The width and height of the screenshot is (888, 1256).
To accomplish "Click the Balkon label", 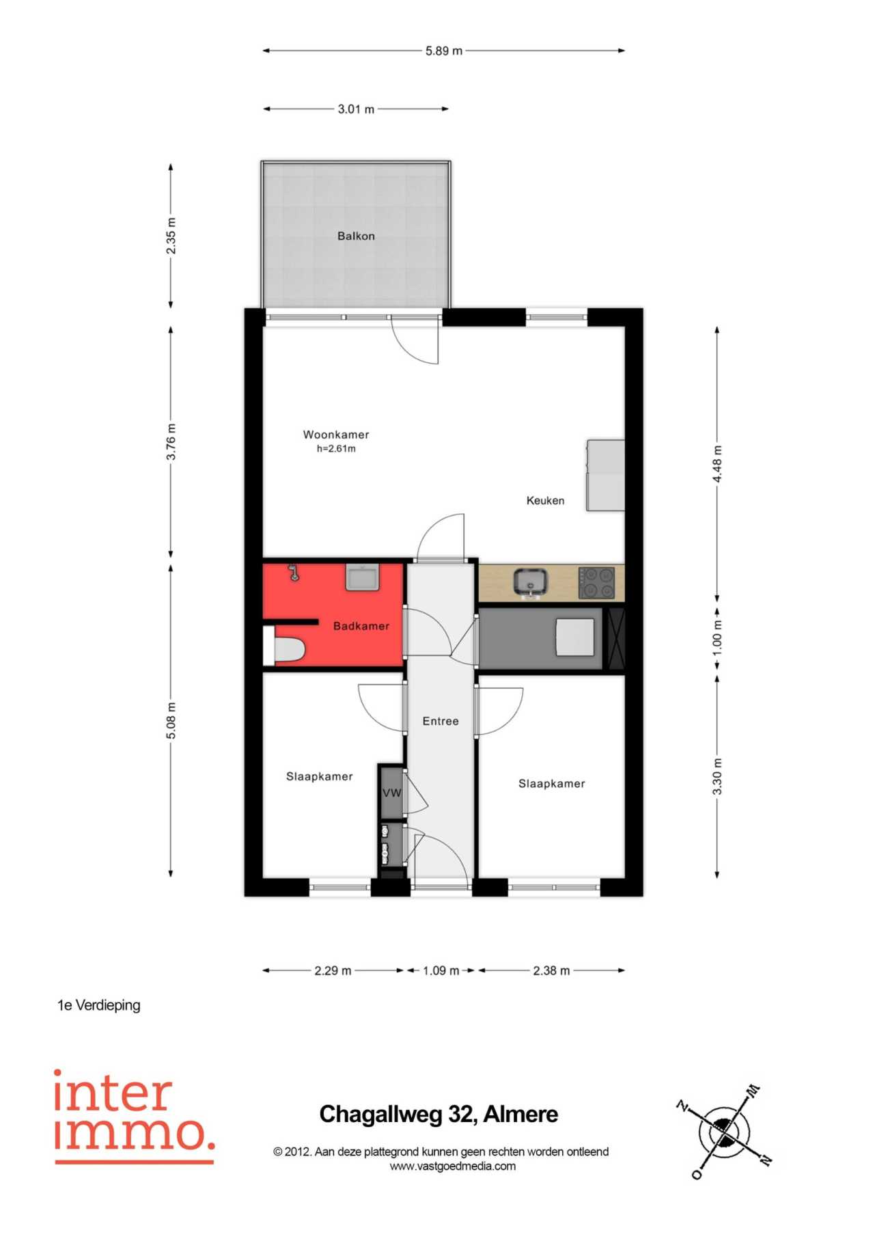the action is pyautogui.click(x=356, y=236).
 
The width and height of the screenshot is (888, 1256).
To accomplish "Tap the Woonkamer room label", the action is pyautogui.click(x=336, y=435).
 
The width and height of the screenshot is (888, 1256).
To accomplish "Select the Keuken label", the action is pyautogui.click(x=545, y=500).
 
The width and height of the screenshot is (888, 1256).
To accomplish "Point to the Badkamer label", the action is pyautogui.click(x=361, y=626).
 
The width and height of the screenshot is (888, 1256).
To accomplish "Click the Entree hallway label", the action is pyautogui.click(x=441, y=721).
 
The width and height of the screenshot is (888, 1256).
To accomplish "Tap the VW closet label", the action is pyautogui.click(x=392, y=793).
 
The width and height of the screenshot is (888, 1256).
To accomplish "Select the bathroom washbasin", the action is pyautogui.click(x=363, y=577).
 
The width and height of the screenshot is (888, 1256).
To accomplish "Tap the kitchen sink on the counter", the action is pyautogui.click(x=531, y=582).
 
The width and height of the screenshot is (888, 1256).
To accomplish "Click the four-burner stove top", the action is pyautogui.click(x=596, y=583).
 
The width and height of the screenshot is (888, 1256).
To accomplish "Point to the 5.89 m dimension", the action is pyautogui.click(x=444, y=51).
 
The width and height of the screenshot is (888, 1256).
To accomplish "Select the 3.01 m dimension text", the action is pyautogui.click(x=356, y=109).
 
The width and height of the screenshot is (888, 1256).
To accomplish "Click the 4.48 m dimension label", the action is pyautogui.click(x=717, y=464).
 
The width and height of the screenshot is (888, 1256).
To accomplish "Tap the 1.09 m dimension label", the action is pyautogui.click(x=441, y=970).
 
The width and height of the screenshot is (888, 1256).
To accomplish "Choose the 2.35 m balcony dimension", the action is pyautogui.click(x=171, y=236).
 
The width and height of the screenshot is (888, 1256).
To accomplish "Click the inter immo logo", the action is pyautogui.click(x=135, y=1117).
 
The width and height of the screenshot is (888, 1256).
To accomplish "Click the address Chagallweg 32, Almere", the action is pyautogui.click(x=439, y=1115).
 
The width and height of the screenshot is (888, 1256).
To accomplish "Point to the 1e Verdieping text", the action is pyautogui.click(x=99, y=1005).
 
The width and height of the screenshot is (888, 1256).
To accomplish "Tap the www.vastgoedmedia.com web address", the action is pyautogui.click(x=453, y=1166).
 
